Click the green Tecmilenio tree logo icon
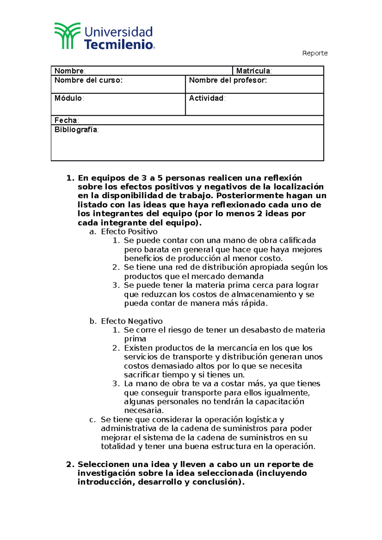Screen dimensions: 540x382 pyautogui.click(x=67, y=36)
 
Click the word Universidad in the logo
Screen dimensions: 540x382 pyautogui.click(x=118, y=32)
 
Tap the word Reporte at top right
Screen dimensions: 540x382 pyautogui.click(x=315, y=53)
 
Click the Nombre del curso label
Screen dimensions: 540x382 pyautogui.click(x=88, y=80)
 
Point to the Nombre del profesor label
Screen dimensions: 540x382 pyautogui.click(x=228, y=80)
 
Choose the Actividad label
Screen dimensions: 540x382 pyautogui.click(x=207, y=98)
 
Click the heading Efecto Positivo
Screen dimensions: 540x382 pyautogui.click(x=129, y=232)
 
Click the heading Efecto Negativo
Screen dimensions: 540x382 pyautogui.click(x=131, y=321)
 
